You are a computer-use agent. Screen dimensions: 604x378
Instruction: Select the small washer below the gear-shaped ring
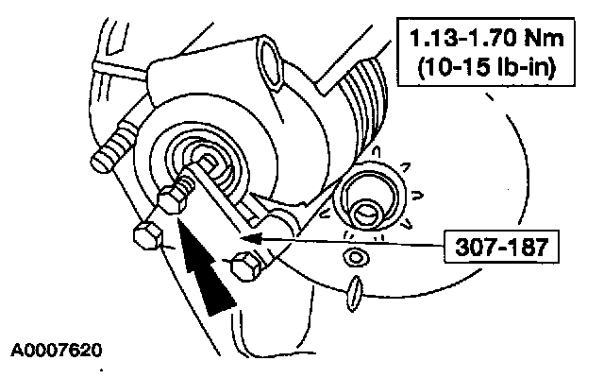tap(356, 256)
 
